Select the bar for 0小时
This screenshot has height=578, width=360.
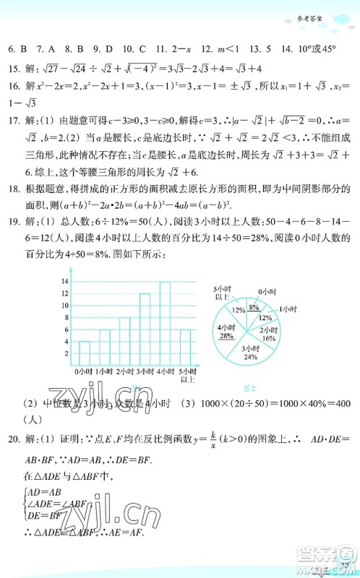[84, 353]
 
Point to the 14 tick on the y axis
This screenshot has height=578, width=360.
[66, 281]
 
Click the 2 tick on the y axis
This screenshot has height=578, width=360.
[67, 353]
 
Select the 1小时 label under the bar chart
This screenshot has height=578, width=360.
[105, 371]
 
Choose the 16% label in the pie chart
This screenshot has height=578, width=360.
[269, 337]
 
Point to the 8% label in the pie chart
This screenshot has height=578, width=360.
[254, 308]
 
